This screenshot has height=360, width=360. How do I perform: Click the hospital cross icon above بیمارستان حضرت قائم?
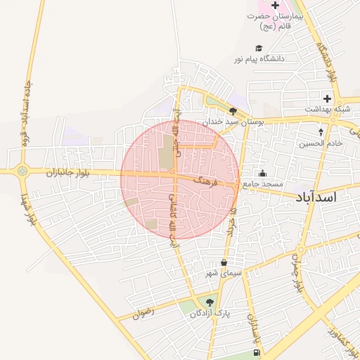point(275,6)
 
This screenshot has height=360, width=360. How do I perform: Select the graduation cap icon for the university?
point(259,49)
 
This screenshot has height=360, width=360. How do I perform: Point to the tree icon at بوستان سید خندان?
point(233,110)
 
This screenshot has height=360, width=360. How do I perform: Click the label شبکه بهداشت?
point(327,110)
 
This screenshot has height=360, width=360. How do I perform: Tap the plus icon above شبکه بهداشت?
point(327,98)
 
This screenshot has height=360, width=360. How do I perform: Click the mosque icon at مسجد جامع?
point(263,174)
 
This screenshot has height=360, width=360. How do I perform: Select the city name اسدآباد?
point(317,197)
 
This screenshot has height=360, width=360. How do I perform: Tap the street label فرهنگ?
point(209,182)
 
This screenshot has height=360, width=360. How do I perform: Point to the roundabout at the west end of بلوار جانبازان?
point(23,170)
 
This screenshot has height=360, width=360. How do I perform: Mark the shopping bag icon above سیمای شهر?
point(224,263)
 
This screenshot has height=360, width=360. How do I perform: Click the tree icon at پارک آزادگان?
point(210,302)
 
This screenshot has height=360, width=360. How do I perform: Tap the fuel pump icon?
point(254,352)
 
